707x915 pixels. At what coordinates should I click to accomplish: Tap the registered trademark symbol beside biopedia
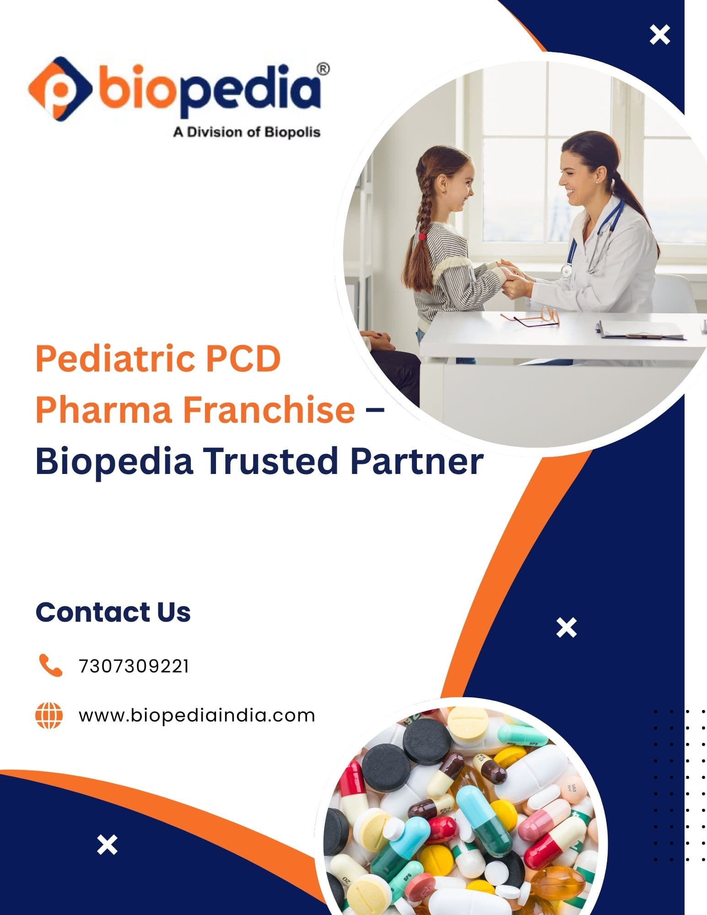323,69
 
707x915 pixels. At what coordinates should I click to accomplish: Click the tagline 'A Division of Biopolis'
246,132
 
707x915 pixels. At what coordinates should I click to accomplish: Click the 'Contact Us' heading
113,612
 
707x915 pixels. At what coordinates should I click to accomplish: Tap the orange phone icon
50,665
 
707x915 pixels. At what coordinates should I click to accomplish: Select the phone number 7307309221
134,666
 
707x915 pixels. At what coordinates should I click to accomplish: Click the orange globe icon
49,716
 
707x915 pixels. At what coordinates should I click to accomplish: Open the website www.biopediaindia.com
197,716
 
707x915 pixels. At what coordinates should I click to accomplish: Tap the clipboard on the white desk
643,329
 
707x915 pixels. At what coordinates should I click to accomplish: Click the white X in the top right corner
660,35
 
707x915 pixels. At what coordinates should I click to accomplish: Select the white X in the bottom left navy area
108,845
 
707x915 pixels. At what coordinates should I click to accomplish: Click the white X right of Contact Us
567,628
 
